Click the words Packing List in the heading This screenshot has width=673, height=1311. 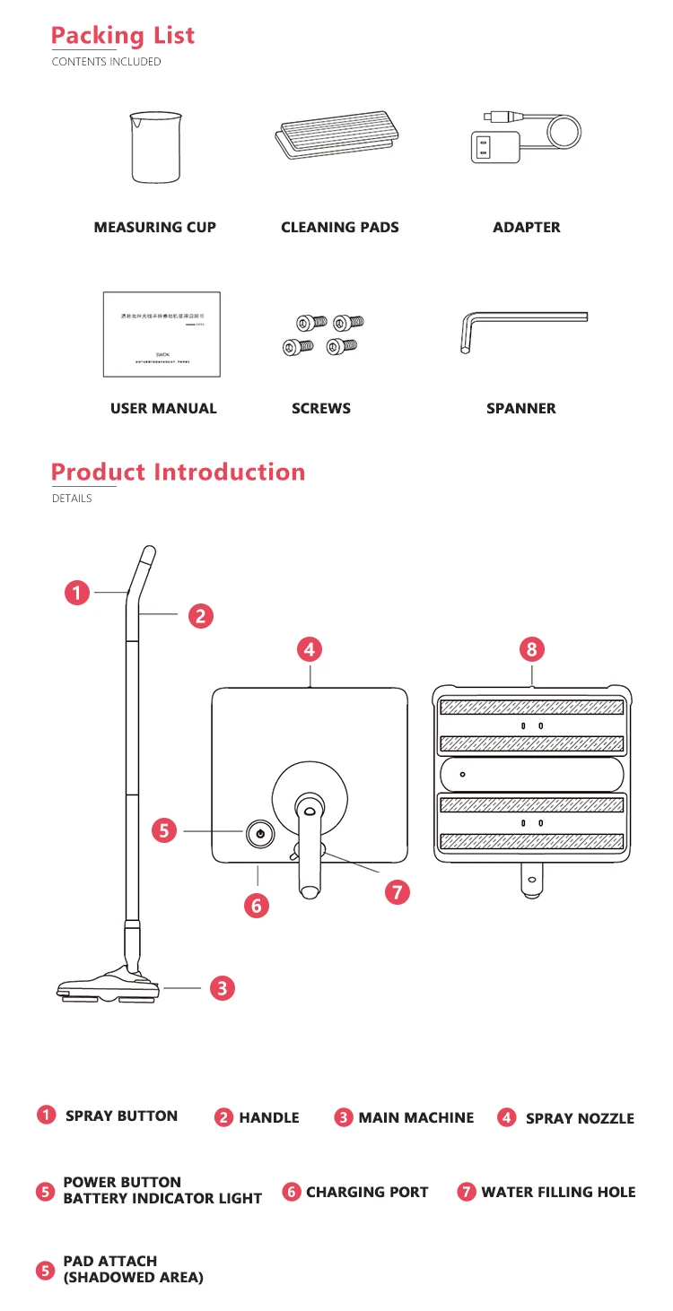tap(123, 36)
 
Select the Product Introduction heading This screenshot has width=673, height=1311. tap(178, 472)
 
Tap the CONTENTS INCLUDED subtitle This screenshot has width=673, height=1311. tap(106, 62)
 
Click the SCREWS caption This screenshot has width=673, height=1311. tap(321, 408)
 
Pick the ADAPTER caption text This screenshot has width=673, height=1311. tap(527, 228)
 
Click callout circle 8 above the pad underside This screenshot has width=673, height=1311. tap(532, 648)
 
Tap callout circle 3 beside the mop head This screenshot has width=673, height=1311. tap(223, 988)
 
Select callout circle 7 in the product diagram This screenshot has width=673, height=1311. tap(397, 891)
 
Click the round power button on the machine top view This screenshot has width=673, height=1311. tap(259, 833)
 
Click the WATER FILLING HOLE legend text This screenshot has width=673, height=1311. tap(558, 1192)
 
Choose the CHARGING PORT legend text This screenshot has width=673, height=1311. tap(367, 1192)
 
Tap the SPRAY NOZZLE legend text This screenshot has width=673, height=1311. tap(580, 1118)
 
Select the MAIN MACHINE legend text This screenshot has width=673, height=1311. tap(415, 1117)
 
